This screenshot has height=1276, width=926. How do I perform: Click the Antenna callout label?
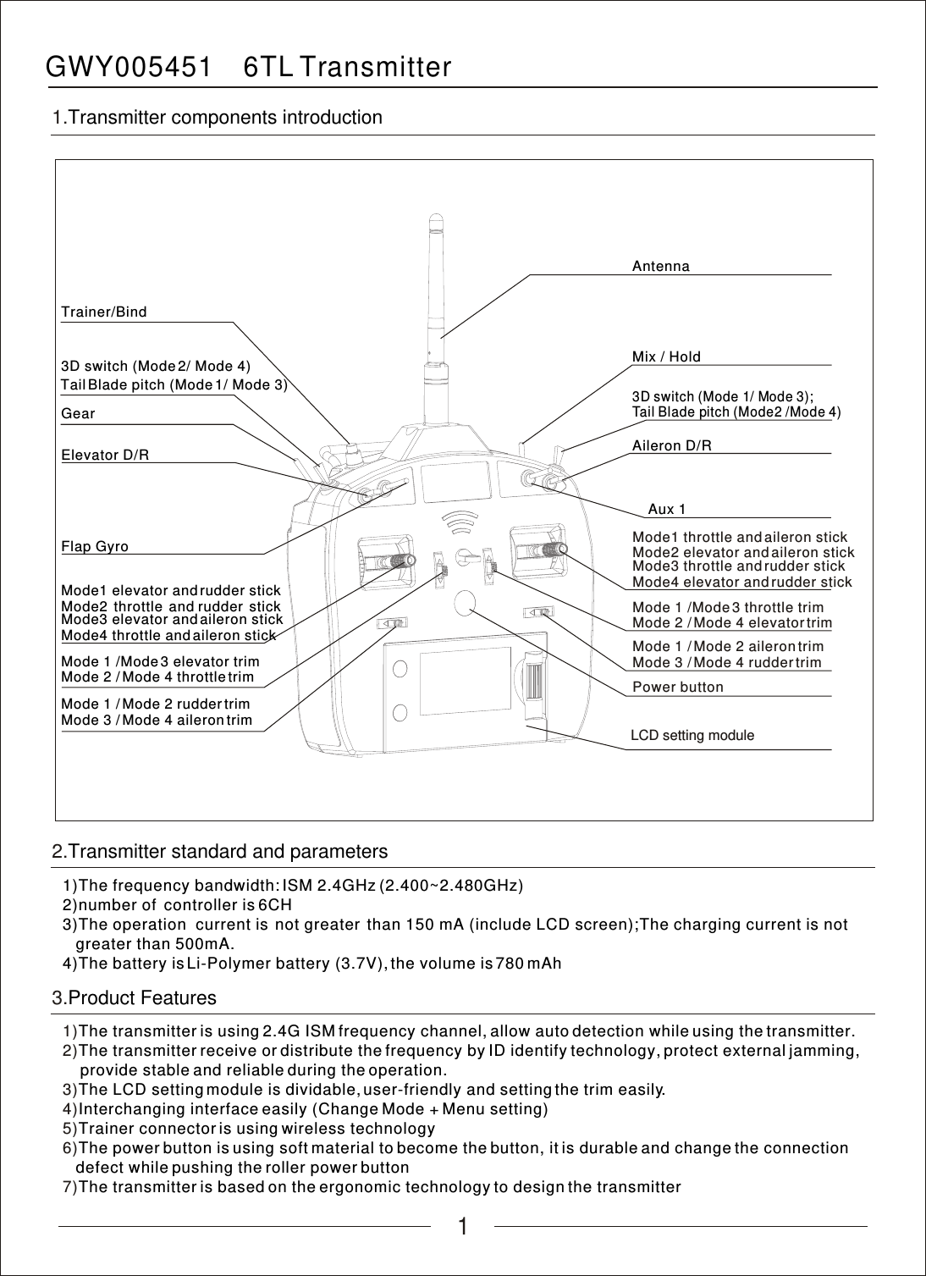661,267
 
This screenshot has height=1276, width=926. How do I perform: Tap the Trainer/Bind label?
104,312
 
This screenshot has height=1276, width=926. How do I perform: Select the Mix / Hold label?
666,357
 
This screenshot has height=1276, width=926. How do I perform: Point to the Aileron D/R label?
672,446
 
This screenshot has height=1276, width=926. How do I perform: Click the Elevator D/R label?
105,456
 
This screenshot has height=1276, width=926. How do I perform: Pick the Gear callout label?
79,414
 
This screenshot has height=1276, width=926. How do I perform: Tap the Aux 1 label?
666,510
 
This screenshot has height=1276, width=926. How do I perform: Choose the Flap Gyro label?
95,547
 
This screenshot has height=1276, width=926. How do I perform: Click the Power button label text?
678,688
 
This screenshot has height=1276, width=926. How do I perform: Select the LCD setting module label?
692,735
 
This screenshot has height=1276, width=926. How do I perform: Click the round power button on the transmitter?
466,602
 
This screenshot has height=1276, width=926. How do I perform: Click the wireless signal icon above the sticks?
460,523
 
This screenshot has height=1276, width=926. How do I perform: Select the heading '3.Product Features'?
135,998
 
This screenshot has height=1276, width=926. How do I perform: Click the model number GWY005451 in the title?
128,67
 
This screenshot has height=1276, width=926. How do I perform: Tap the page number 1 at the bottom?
462,1227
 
